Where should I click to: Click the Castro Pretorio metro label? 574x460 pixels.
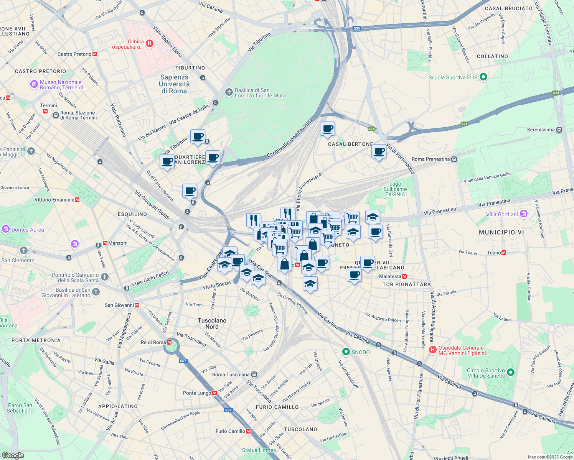[74, 54]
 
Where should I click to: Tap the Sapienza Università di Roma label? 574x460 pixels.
[174, 84]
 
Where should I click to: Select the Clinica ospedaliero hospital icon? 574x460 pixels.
[150, 44]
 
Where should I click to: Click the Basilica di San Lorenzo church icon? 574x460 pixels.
[229, 92]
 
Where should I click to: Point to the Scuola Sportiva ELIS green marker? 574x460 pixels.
[483, 77]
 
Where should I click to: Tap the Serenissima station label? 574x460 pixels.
[541, 130]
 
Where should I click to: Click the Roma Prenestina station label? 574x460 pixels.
[430, 159]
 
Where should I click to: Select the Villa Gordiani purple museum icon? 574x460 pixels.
[524, 214]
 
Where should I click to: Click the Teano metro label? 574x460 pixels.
[493, 253]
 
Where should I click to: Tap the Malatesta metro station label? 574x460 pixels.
[390, 276]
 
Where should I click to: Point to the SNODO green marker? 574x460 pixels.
[346, 352]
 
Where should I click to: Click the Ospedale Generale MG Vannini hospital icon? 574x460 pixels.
[433, 350]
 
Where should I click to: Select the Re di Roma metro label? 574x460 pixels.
[153, 342]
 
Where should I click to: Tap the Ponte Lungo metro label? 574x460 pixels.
[197, 393]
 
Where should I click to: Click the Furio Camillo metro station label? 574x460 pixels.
[230, 431]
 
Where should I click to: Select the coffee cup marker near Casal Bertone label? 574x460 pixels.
[327, 129]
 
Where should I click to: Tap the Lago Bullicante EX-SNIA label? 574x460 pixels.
[395, 189]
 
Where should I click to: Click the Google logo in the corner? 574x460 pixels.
[13, 455]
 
